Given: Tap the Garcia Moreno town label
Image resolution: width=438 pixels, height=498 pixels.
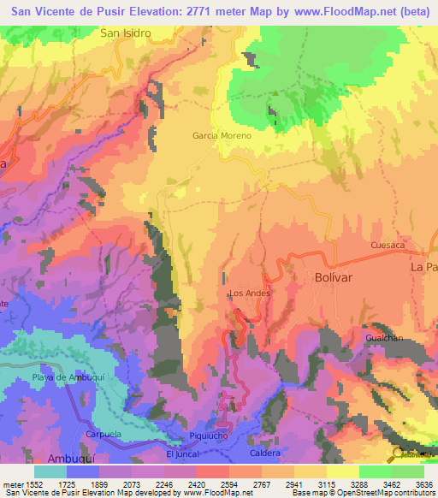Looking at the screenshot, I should (222, 136).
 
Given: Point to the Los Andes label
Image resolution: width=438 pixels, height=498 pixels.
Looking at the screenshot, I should (250, 293).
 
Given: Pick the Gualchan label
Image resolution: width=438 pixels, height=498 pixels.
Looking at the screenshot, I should (383, 338).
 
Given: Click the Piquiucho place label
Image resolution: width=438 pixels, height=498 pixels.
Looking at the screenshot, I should (209, 436).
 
